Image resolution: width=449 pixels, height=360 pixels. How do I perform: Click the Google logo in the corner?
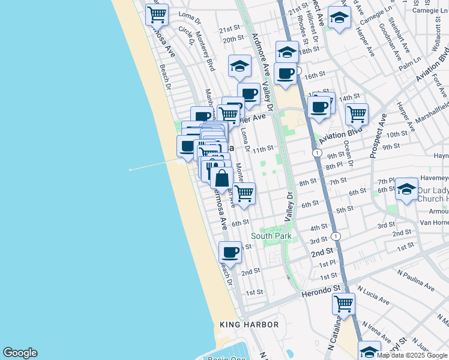coord(20,353)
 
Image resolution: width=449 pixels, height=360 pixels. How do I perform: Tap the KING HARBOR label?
coord(250,325)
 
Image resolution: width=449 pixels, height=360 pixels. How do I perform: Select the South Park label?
coord(271,236)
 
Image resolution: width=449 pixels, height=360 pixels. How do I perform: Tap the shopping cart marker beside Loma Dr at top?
coord(157,13)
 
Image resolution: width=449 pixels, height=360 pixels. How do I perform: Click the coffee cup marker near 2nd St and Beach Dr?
coord(230,251)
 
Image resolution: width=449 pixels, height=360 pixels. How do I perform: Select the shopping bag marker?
coord(221,177)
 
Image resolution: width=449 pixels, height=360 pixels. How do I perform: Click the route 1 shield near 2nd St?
coord(336,236)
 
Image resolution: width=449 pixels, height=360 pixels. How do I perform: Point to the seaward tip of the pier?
coord(130,170)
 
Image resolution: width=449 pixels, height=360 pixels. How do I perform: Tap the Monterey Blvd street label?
coord(205,52)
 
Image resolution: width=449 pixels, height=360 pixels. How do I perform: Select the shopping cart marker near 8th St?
coord(244,193)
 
